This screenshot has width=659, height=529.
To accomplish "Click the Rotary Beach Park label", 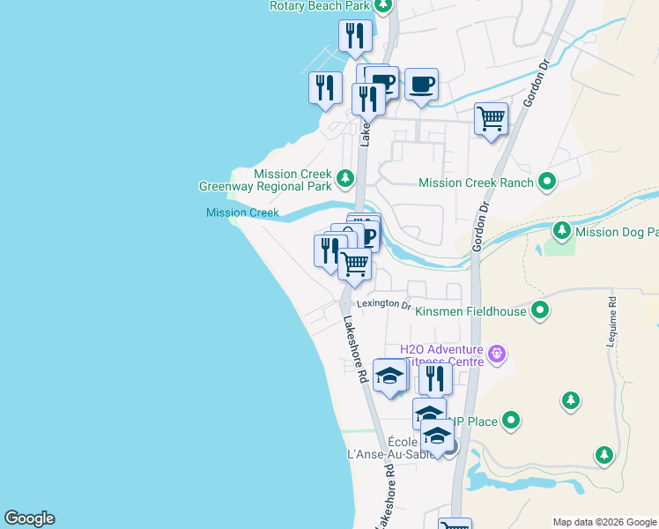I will pos(321,5).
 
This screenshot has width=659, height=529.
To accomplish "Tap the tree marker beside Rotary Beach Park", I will pos(382,5).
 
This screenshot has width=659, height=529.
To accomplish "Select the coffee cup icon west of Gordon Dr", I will pos(421,85).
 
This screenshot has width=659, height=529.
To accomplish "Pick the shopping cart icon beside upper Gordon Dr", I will pos(491,119).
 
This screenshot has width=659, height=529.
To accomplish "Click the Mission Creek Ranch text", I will pos(476,183).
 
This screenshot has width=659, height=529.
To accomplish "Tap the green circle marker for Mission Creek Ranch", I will pos(548,183).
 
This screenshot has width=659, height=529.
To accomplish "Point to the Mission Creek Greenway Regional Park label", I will pos(265,180).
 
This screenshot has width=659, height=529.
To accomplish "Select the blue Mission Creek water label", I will pos(242,212).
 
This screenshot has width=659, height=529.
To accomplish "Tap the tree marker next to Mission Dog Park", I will pos(562,231).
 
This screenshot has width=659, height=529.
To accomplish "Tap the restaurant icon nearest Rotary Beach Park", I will pos(355,36).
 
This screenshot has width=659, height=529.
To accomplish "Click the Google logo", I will pos(29,518).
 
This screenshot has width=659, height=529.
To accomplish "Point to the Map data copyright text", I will pos(604,522).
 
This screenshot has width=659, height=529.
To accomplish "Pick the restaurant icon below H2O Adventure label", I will pos(435,378).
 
